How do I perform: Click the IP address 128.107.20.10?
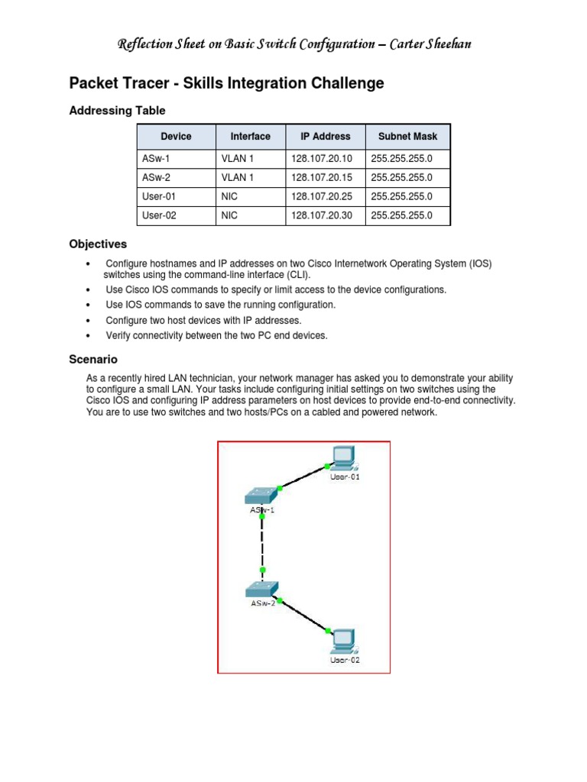pos(321,158)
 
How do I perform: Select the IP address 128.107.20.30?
pos(321,215)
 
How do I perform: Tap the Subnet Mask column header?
pos(407,137)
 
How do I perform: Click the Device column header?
pos(176,137)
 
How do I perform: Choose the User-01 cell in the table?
pos(160,196)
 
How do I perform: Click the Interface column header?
pos(250,137)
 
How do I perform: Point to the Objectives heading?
pos(98,244)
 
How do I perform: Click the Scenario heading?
pos(93,359)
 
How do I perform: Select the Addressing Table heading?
pos(117,111)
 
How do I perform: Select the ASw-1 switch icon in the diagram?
pos(261,495)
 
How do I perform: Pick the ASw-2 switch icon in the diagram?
pos(262,589)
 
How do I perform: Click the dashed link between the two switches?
pos(262,542)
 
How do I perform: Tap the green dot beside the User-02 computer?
pos(329,631)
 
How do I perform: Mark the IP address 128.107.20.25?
pos(321,196)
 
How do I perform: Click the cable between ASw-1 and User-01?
pos(303,477)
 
